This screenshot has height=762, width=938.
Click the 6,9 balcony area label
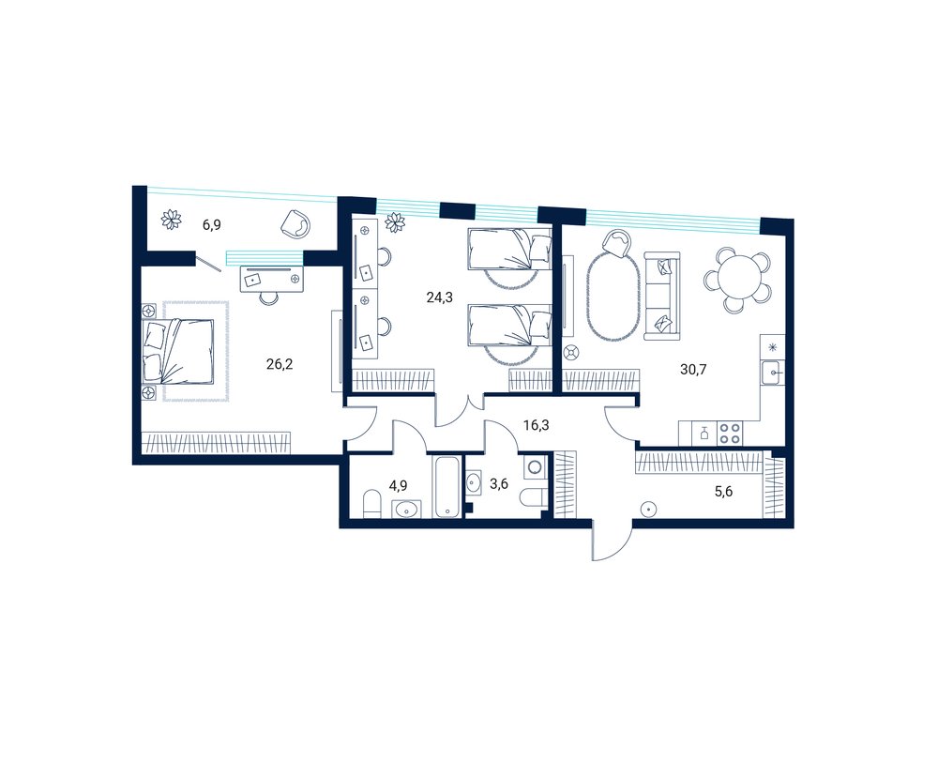212,225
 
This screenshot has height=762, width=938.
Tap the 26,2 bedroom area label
280,364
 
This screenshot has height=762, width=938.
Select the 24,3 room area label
439,297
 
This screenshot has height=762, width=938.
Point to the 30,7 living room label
693,370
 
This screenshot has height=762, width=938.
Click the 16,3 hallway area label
536,426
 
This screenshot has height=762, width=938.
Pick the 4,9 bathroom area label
399,485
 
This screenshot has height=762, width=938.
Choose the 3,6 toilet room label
499,484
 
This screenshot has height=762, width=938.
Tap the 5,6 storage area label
724,492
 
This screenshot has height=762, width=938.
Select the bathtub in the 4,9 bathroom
446,487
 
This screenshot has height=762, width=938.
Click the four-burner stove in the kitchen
729,433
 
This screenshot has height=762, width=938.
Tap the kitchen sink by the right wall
773,373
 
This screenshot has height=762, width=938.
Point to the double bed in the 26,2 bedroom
178,351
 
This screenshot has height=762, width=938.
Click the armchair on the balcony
296,224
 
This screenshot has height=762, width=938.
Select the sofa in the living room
662,297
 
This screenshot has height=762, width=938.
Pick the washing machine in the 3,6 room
535,466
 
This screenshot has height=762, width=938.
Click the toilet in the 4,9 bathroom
372,504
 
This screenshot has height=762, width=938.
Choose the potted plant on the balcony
173,219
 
